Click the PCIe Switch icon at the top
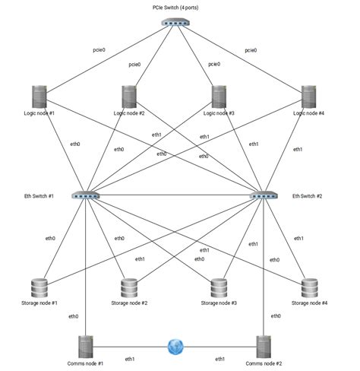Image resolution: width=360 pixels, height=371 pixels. [x=175, y=23]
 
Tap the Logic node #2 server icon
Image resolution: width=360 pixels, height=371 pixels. [x=129, y=96]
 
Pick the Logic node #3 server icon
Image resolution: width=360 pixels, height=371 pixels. [x=219, y=96]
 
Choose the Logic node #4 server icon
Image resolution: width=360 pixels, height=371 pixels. [x=308, y=96]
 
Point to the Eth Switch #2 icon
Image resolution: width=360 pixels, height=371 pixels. [x=264, y=195]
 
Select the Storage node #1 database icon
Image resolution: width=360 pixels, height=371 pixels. [x=39, y=288]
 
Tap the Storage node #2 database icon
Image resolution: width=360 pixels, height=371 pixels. [x=129, y=288]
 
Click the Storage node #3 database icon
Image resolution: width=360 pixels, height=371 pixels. [x=219, y=288]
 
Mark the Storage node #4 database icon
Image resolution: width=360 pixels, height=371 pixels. [x=308, y=288]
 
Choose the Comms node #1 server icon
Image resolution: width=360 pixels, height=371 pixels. [x=85, y=347]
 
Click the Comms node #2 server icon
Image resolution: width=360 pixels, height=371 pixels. [x=264, y=347]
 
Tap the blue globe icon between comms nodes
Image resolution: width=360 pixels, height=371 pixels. [x=175, y=347]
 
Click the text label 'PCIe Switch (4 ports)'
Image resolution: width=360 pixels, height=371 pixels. [x=175, y=6]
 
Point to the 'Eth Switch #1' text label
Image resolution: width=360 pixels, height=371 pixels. [x=39, y=196]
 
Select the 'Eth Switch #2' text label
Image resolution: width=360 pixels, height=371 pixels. [x=308, y=196]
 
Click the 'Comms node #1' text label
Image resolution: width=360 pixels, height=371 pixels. [x=85, y=364]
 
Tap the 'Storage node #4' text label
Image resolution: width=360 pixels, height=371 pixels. [x=308, y=303]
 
